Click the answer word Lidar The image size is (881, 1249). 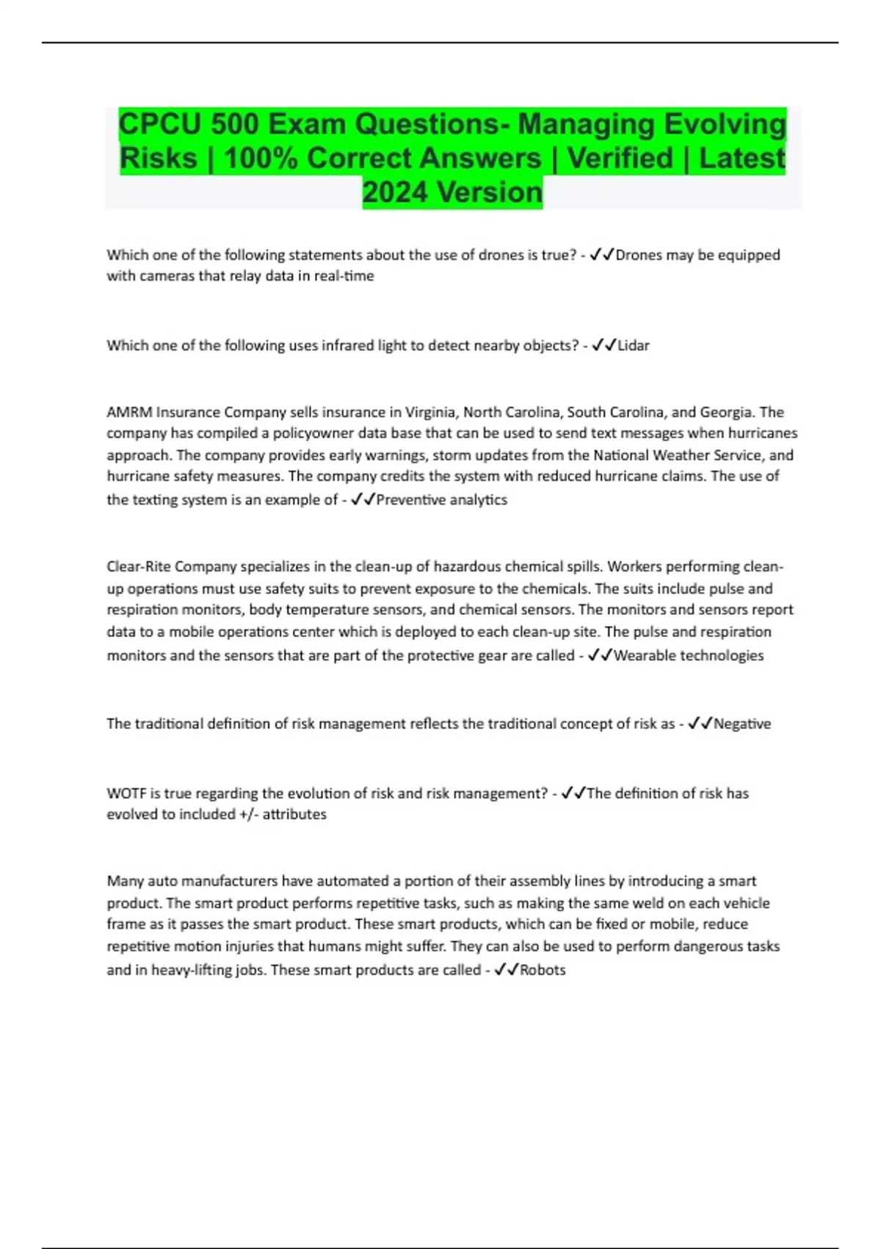click(633, 345)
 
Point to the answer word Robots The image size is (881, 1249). click(543, 970)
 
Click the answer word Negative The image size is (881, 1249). click(742, 724)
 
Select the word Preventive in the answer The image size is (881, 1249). click(406, 500)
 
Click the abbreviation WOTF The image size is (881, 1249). click(127, 793)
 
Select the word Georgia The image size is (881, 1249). click(727, 412)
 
